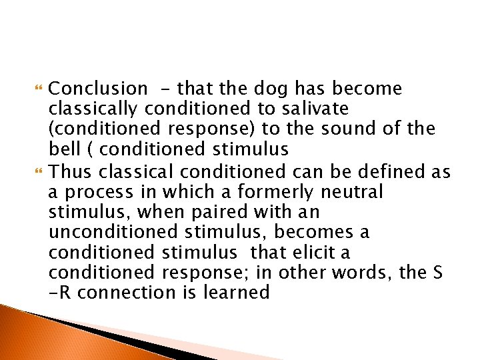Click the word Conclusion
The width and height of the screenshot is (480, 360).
tap(99, 89)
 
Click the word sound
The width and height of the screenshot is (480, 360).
tap(355, 127)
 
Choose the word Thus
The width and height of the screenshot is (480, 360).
tap(71, 172)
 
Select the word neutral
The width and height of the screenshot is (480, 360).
tap(353, 192)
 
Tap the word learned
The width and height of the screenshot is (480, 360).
tap(239, 292)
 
